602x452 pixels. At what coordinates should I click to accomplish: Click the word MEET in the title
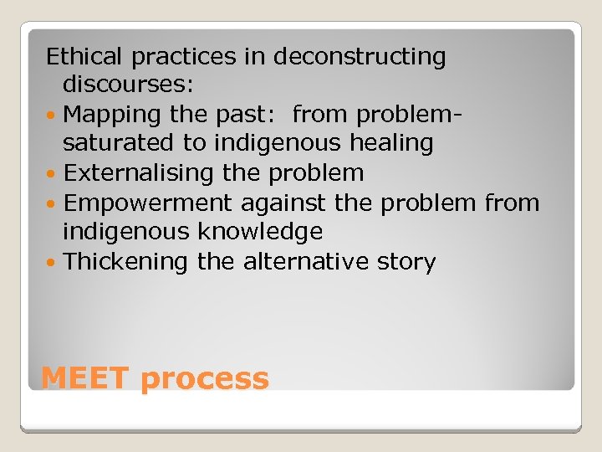tap(85, 379)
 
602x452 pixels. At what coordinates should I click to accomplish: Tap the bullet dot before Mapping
tap(53, 115)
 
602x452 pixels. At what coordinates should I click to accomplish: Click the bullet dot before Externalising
tap(53, 174)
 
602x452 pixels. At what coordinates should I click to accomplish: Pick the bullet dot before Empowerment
tap(53, 203)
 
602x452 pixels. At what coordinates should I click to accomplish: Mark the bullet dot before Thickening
tap(53, 263)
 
